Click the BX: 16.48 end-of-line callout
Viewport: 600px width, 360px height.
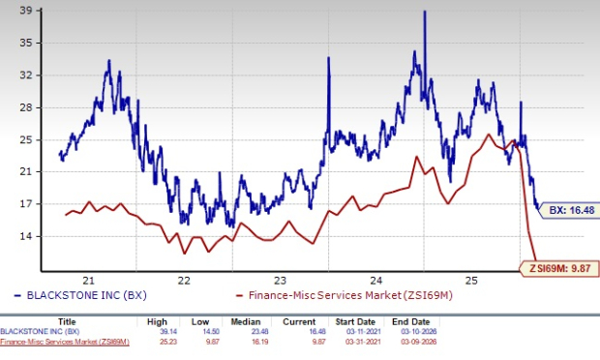(564, 209)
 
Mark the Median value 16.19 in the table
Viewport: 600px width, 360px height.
(261, 341)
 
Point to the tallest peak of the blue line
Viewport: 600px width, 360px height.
(424, 12)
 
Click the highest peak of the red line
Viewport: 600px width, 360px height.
(487, 134)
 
